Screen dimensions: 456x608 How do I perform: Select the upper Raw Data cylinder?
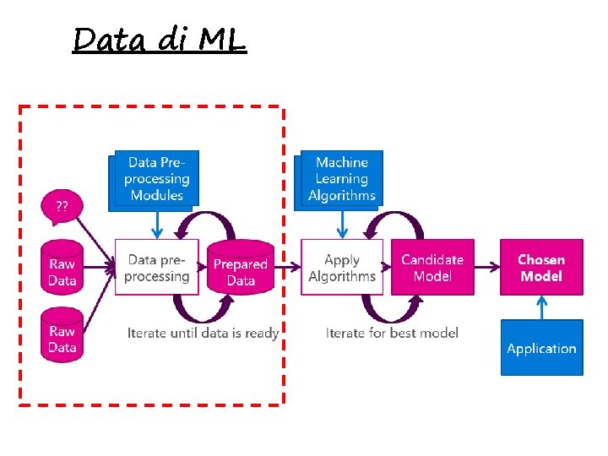coord(62,268)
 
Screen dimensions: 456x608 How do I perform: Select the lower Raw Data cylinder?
coord(62,335)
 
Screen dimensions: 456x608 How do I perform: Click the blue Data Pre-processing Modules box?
coord(156,178)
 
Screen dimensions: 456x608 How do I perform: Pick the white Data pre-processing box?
coord(156,267)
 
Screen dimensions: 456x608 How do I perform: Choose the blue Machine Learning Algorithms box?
coord(342,178)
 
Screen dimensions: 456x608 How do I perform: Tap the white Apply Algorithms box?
coord(341,267)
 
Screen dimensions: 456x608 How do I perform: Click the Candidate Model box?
coord(432,267)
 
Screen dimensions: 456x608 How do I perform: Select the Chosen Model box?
coord(541,267)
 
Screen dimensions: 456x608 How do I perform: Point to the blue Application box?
coord(541,348)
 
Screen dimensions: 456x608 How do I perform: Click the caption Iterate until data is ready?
coord(203,333)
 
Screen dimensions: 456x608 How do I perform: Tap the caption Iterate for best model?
coord(392,333)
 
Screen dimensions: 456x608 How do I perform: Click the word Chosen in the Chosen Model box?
coord(541,259)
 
